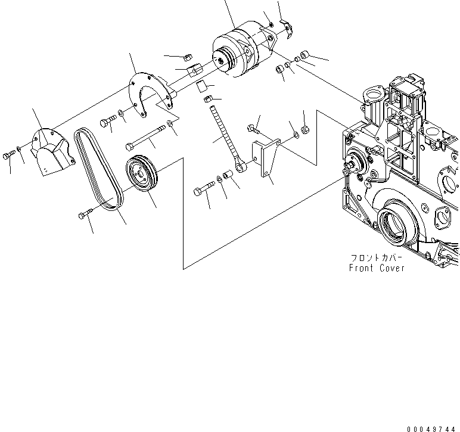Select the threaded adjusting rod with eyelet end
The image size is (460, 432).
click(x=226, y=137)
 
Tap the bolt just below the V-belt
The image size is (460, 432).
click(x=85, y=215)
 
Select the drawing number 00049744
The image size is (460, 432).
click(x=433, y=428)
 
